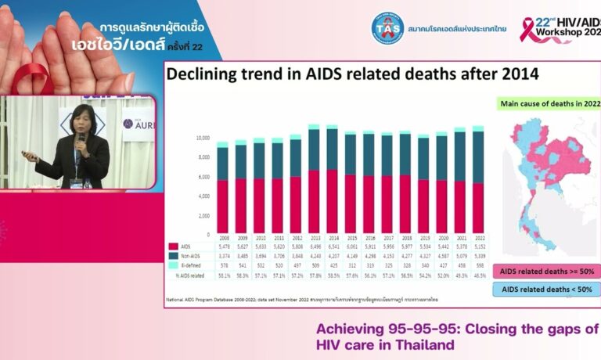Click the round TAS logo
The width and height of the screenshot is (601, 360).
coord(387,28)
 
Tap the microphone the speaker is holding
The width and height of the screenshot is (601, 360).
coord(81,139)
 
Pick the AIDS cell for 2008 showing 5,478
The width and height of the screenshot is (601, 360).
coord(223,246)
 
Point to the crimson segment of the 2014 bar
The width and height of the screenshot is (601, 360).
coord(333,201)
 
